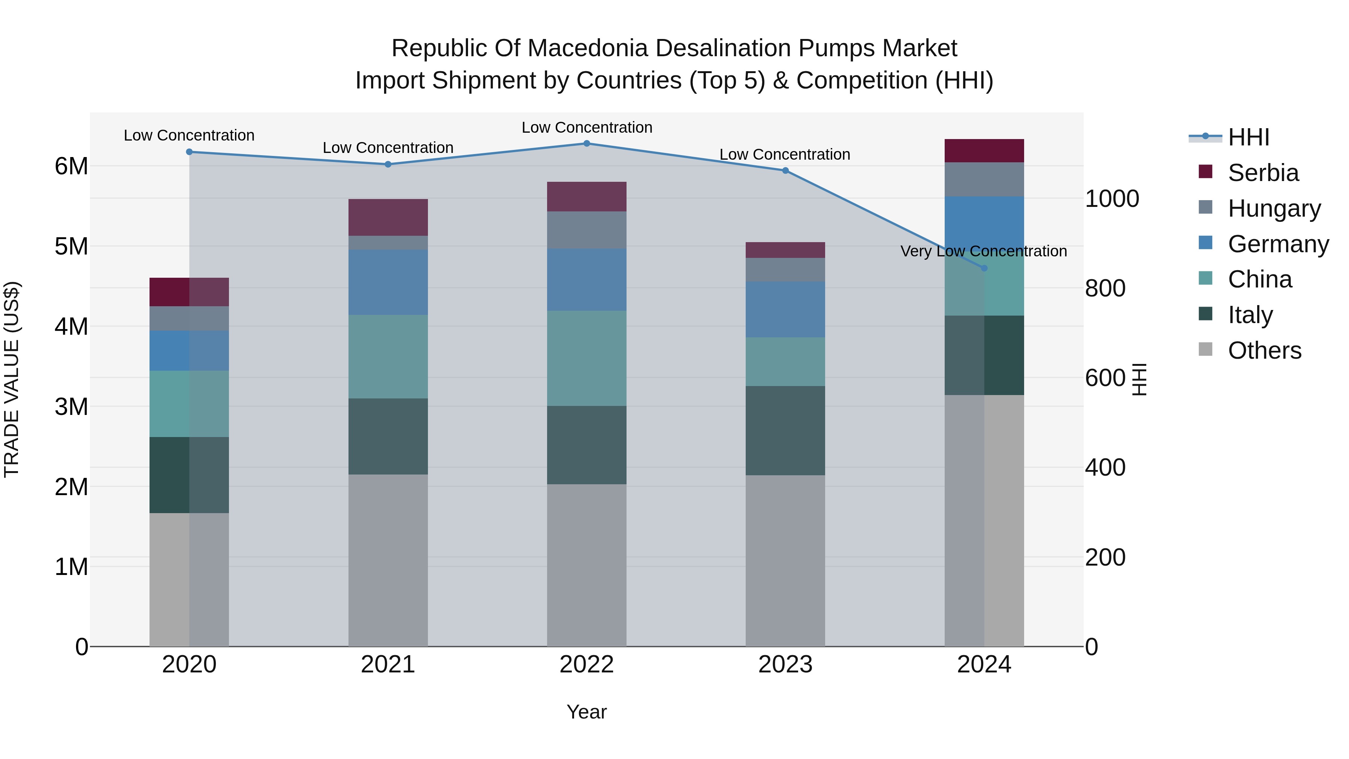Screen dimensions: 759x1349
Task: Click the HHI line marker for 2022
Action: (586, 144)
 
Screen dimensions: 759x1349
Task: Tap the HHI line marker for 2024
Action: (984, 268)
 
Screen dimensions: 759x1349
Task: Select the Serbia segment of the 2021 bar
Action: (388, 217)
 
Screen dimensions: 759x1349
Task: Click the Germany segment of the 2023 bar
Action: (785, 310)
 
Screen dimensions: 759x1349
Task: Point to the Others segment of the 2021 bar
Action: (388, 560)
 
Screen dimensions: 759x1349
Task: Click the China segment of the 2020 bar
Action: (189, 404)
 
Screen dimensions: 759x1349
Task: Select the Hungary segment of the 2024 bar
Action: (984, 180)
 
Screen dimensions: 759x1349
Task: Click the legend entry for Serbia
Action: (1262, 173)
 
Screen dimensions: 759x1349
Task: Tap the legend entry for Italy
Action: (1249, 315)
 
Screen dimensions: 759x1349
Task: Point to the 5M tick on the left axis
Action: (71, 246)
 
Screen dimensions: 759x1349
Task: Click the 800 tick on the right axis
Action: (1105, 288)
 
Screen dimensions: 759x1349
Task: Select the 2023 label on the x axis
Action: (785, 665)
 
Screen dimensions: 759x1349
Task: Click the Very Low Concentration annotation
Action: (984, 252)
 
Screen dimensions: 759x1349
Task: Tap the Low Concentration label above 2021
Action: (388, 148)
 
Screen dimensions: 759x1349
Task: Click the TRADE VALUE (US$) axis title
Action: (12, 379)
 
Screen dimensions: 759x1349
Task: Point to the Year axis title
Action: (586, 712)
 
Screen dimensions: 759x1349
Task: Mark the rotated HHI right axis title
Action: (1139, 379)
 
